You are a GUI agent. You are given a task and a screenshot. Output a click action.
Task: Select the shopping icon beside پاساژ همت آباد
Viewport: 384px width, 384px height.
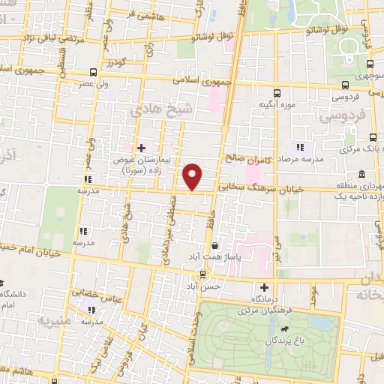(216, 245)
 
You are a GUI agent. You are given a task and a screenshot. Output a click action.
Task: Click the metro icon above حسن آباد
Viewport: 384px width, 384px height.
(202, 274)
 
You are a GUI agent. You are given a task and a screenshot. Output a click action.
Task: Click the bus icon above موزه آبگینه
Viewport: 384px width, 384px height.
(277, 94)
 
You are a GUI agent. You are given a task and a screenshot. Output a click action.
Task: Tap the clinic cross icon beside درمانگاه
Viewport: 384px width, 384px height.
(264, 287)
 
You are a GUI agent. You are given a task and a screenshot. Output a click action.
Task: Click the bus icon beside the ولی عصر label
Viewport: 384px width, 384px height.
(93, 73)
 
